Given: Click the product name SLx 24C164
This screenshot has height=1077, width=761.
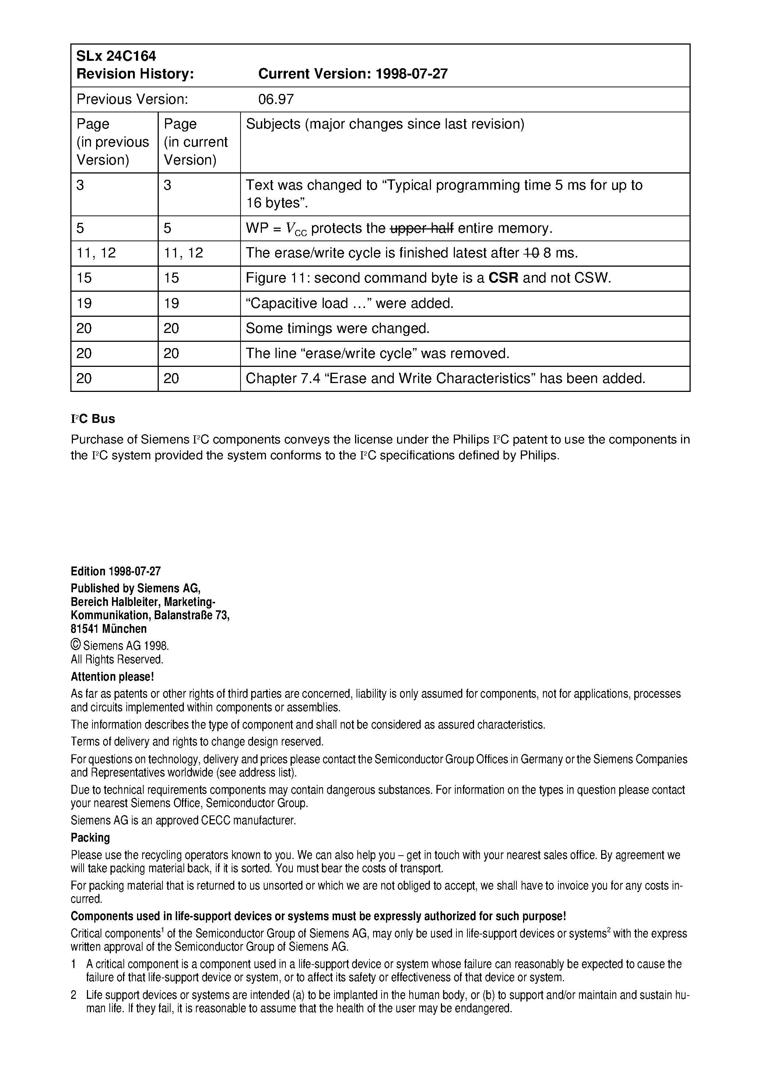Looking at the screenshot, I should tap(116, 56).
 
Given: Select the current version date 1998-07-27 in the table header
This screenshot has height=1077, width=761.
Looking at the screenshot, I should tap(411, 74).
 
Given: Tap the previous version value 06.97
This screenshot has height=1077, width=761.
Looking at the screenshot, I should tap(276, 99).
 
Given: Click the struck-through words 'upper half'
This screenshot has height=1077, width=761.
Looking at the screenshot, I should tap(422, 228).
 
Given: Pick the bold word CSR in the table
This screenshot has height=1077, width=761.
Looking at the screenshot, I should tap(504, 278).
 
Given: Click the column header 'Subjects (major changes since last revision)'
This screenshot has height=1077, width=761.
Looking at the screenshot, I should tap(385, 124).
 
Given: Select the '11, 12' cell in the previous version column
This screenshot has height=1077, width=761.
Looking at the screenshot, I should tap(96, 253).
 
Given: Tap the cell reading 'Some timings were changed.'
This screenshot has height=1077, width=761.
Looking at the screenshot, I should tap(337, 328).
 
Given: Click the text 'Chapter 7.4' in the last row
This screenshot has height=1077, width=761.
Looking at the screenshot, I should tap(282, 379).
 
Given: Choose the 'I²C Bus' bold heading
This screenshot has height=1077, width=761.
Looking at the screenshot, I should tap(93, 419).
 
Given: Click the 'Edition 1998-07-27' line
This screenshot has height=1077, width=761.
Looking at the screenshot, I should tap(115, 571).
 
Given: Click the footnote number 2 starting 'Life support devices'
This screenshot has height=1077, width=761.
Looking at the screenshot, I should tap(74, 995).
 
